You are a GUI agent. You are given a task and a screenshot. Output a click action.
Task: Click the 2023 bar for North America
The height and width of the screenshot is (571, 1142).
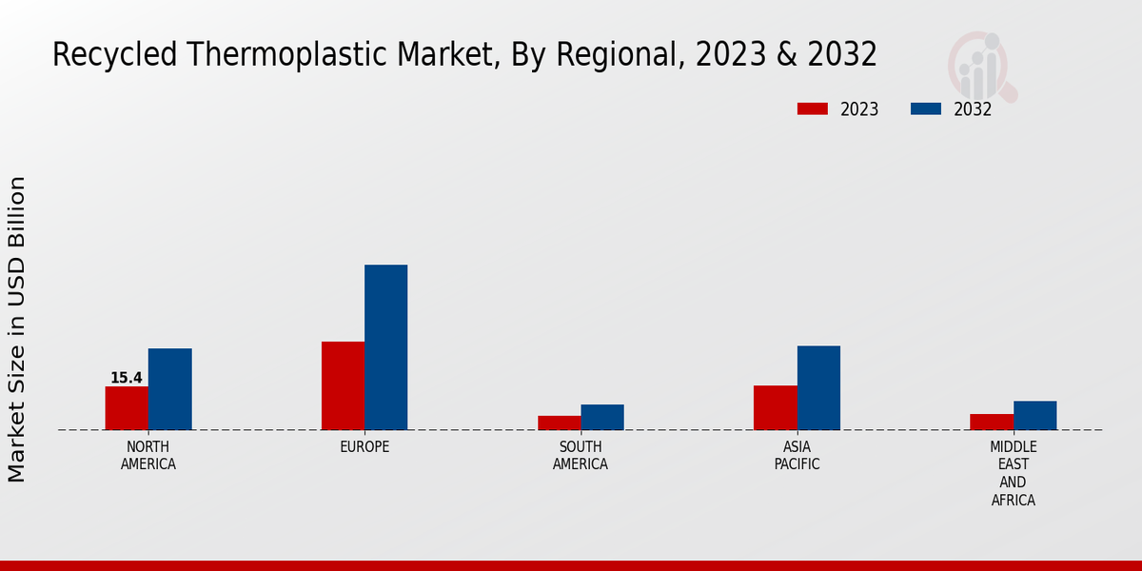[x=127, y=407]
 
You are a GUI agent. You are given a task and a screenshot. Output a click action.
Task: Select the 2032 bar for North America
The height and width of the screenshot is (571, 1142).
[x=169, y=388]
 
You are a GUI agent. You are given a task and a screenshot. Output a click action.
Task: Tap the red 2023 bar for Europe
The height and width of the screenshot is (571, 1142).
[x=343, y=385]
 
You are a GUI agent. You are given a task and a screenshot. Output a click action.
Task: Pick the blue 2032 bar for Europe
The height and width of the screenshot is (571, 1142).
[x=385, y=346]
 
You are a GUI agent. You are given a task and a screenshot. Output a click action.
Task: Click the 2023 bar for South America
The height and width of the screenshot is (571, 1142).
[x=559, y=423]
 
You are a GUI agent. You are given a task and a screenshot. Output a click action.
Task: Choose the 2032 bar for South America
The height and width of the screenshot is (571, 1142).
[x=602, y=417]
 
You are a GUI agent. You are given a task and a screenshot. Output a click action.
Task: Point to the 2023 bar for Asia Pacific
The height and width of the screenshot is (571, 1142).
[x=775, y=407]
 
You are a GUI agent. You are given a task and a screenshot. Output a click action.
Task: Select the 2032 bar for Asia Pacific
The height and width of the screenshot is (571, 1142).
[x=818, y=387]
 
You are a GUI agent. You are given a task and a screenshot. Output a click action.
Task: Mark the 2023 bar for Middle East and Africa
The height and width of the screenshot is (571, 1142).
[x=992, y=422]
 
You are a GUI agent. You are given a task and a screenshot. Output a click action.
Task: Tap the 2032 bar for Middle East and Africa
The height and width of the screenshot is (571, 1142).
[x=1034, y=415]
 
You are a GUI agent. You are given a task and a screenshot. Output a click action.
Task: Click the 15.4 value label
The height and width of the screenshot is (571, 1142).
[x=127, y=378]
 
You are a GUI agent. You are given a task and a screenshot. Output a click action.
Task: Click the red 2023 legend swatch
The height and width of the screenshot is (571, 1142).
[x=813, y=109]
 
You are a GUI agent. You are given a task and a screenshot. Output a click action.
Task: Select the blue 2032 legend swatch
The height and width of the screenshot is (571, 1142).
[x=925, y=109]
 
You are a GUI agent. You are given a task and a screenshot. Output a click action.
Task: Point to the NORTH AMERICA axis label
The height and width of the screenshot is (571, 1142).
[x=148, y=456]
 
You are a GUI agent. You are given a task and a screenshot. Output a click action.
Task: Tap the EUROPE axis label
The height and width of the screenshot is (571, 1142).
[x=364, y=447]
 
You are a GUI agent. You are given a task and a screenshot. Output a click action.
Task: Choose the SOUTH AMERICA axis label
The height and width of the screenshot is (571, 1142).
[x=581, y=456]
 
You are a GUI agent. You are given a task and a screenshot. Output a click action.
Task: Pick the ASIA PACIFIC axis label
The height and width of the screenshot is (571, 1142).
[x=797, y=456]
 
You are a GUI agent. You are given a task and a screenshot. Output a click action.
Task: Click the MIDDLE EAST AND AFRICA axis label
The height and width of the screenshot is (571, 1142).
[x=1013, y=474]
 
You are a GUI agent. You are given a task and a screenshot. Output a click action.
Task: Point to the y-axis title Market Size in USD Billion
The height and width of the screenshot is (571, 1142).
[x=17, y=328]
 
